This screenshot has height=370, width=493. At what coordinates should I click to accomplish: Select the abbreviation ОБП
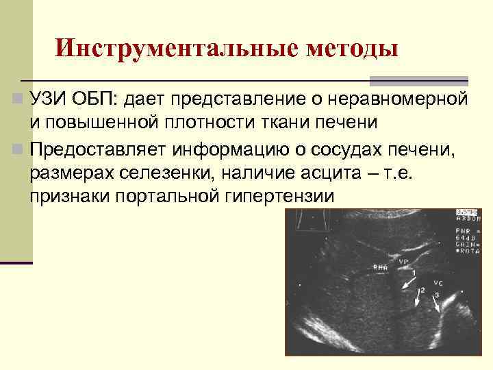point(97,100)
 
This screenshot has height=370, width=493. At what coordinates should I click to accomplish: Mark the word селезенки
point(167,173)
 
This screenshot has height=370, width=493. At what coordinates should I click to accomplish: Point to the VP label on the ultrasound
point(404,261)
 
